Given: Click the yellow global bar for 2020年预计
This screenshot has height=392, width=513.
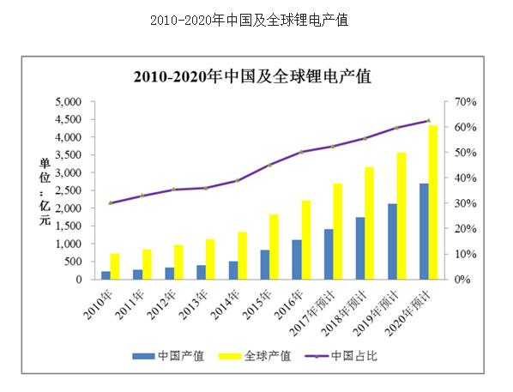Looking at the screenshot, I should (433, 202).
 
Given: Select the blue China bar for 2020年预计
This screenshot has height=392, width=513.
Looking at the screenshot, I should (424, 232).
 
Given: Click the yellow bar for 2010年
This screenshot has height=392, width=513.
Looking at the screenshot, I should (115, 266).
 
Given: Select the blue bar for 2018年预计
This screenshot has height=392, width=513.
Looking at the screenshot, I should (360, 248).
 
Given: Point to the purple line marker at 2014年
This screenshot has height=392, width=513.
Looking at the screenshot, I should (238, 180).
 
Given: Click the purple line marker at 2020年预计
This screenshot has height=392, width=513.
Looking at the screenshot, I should (428, 120).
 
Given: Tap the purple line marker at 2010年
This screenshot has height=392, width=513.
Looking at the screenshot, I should (111, 202).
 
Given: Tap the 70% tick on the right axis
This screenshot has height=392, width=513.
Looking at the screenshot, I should (465, 101).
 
